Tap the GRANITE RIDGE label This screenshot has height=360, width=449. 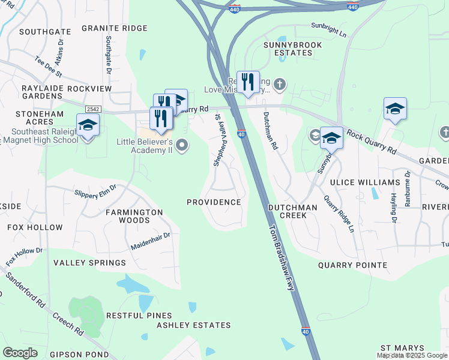coord(114,28)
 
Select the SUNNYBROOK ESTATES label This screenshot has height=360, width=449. coord(294,49)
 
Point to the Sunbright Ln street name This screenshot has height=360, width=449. coord(329,29)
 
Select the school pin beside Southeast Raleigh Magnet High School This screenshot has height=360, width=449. coord(88,125)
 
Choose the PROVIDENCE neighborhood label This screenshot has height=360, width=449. coord(214,202)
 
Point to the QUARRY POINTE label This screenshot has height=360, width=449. coord(352,265)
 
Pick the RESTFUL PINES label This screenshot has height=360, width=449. coord(139,316)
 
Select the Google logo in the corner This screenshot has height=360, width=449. coord(20,353)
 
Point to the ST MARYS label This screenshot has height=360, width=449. coord(402,349)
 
